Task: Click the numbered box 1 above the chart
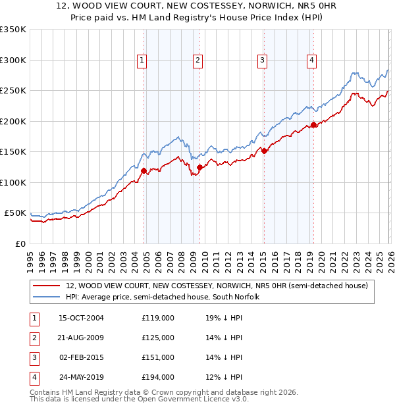pyautogui.click(x=142, y=61)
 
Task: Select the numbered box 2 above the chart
pyautogui.click(x=197, y=61)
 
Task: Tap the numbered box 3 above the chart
pyautogui.click(x=262, y=61)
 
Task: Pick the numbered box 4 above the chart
pyautogui.click(x=311, y=61)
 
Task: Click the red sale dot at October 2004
pyautogui.click(x=144, y=170)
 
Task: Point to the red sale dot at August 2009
pyautogui.click(x=199, y=167)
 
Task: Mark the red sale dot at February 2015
pyautogui.click(x=263, y=151)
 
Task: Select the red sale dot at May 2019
pyautogui.click(x=313, y=124)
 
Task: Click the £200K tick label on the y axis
pyautogui.click(x=13, y=121)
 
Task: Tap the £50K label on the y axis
pyautogui.click(x=16, y=213)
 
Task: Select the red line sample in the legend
pyautogui.click(x=46, y=286)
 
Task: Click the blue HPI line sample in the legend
pyautogui.click(x=46, y=297)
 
